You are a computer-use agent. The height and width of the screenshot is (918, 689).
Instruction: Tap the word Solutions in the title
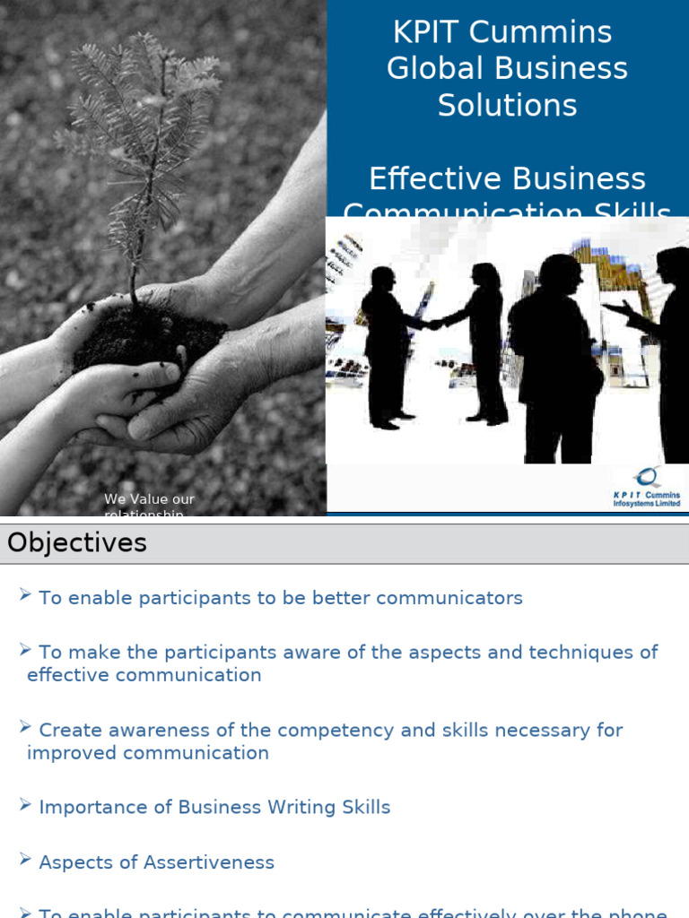507,106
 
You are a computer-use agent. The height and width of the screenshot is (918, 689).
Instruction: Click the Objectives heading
77,542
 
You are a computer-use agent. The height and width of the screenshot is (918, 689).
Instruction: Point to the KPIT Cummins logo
646,487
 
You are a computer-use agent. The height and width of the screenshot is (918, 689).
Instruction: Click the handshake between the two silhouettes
434,323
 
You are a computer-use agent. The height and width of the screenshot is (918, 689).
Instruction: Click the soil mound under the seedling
148,336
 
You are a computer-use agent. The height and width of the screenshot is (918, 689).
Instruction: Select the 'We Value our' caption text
149,499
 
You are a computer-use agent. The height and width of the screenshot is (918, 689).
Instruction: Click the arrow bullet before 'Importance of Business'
25,805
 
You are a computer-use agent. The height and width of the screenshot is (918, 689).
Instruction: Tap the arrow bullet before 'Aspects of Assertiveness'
25,861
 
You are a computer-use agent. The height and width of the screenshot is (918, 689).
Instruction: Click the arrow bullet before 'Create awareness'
25,728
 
